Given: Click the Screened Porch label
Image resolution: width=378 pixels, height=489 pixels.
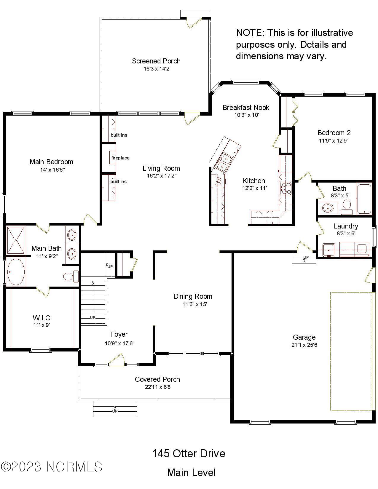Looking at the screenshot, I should [156, 61].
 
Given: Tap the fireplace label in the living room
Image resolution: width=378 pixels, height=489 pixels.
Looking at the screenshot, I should [120, 158].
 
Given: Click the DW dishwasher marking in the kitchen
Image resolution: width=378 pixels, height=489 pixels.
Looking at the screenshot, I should [218, 181].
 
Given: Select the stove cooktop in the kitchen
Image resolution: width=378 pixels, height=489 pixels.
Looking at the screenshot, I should [286, 188].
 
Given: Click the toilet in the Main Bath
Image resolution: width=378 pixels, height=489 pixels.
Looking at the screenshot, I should [71, 276].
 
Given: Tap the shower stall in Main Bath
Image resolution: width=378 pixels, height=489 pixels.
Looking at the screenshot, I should [16, 240].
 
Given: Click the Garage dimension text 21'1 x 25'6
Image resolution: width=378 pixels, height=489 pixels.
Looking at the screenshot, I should [304, 345].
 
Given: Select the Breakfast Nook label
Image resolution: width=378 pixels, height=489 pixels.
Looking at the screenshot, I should [246, 107].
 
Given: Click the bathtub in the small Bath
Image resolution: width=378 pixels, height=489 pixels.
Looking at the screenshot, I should [364, 199].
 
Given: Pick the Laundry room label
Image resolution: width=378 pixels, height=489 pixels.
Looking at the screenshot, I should [346, 226].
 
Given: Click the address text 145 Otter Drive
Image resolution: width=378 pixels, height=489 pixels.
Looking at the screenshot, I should [189, 453].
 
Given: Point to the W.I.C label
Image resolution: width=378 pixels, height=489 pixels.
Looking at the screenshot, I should [42, 318].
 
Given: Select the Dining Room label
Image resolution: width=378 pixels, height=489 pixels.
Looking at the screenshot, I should [193, 296].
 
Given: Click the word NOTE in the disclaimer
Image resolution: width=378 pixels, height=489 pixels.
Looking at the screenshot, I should [249, 33].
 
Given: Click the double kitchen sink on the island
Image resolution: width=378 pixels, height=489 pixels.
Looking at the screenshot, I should [224, 162].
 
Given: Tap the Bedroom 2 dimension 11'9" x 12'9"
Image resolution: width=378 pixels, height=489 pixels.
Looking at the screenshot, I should [334, 141].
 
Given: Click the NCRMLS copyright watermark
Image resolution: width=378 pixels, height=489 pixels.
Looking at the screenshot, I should [52, 467].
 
